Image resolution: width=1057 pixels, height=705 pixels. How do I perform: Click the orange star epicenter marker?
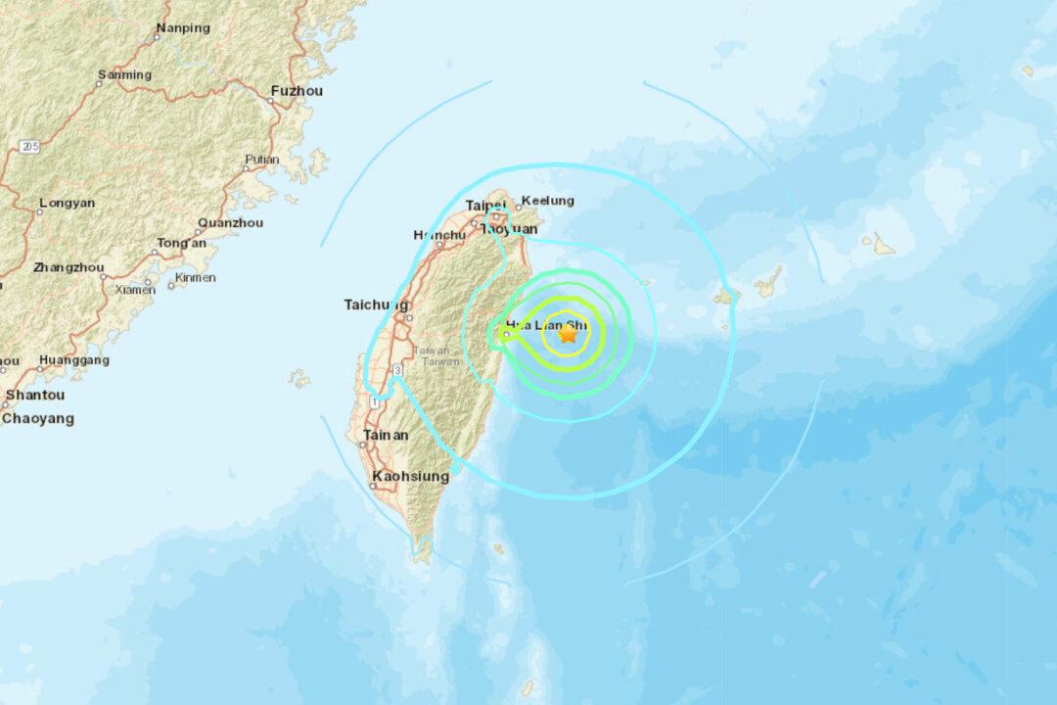(568, 334)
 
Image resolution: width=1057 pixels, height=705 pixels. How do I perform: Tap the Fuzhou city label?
(297, 91)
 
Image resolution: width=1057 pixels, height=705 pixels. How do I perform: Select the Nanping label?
(183, 28)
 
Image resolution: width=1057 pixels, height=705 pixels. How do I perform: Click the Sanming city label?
(124, 75)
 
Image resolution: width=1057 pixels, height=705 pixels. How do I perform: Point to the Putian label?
(261, 160)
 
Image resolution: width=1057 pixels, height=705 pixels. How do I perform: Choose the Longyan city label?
(67, 204)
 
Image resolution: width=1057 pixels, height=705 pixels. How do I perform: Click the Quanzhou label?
(230, 222)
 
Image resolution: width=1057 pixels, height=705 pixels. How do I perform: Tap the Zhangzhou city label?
(69, 267)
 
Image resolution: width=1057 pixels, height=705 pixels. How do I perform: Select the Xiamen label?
(135, 290)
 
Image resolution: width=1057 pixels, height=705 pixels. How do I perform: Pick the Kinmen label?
(195, 279)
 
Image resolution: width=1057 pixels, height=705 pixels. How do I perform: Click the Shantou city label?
(35, 396)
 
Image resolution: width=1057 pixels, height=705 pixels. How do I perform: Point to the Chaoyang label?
(38, 419)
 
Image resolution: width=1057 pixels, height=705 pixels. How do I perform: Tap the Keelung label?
(549, 201)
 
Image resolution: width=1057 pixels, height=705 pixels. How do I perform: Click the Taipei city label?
(484, 206)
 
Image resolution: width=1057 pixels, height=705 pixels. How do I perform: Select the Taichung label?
(376, 305)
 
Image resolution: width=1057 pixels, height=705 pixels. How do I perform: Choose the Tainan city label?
(386, 435)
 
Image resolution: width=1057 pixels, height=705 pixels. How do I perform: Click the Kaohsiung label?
(410, 477)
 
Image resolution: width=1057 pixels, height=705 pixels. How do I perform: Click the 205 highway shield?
(28, 147)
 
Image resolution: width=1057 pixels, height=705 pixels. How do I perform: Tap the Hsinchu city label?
(439, 235)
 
